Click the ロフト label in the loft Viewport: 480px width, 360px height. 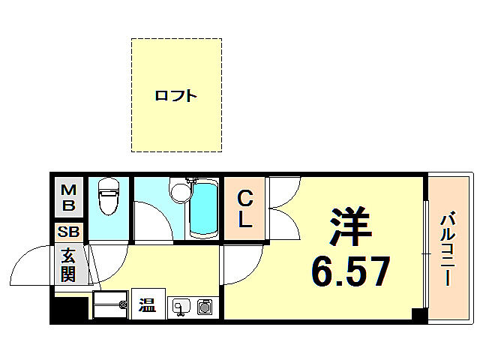coord(176,95)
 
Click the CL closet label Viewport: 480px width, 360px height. coord(245,211)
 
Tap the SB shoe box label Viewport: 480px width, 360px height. coord(68,231)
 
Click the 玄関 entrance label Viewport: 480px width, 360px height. coord(68,264)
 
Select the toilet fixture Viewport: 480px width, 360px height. coord(109,196)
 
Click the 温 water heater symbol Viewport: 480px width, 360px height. coord(148,305)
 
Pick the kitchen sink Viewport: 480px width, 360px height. coord(181,306)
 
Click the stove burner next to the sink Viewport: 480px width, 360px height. coord(204,306)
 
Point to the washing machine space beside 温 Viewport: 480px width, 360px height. coord(110,306)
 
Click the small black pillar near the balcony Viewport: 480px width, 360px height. coord(419,314)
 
